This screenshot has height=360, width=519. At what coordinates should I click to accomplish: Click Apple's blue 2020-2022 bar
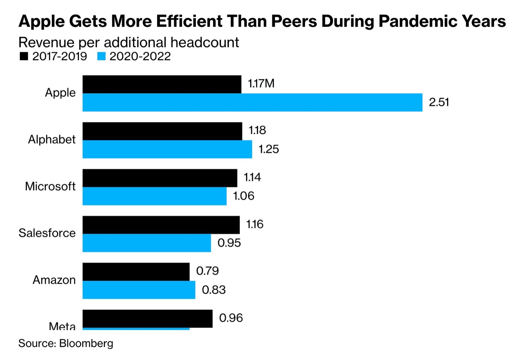252,102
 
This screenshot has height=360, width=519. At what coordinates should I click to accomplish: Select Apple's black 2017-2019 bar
162,84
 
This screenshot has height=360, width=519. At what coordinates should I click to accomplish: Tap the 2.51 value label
439,102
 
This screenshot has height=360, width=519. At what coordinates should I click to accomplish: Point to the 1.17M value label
261,84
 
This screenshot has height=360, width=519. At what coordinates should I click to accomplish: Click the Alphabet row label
52,139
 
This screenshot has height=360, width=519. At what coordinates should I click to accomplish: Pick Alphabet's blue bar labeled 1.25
167,149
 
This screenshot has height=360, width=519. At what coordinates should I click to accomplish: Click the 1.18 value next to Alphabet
257,130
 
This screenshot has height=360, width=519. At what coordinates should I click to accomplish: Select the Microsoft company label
50,186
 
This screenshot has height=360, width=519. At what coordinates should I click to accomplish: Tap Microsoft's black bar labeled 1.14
160,178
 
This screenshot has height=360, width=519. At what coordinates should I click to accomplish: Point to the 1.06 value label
244,196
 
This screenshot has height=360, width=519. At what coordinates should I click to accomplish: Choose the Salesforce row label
47,233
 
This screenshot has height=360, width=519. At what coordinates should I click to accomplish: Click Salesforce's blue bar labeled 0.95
147,243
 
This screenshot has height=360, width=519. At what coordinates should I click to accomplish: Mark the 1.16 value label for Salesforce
255,224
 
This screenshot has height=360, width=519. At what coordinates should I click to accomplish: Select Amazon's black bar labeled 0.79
136,272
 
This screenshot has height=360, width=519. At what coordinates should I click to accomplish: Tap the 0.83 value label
214,290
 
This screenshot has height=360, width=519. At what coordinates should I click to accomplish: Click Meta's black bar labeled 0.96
148,318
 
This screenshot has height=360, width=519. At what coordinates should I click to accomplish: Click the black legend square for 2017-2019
24,56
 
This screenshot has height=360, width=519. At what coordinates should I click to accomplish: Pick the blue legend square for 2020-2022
102,56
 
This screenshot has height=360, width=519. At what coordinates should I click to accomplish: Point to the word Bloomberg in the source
86,343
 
